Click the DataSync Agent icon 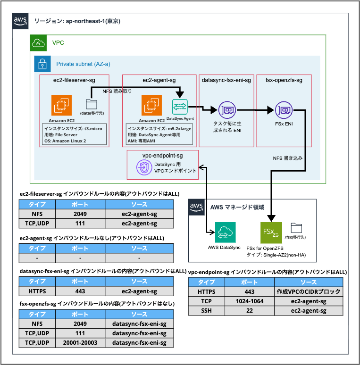(x=180, y=106)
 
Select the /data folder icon (x=91, y=105)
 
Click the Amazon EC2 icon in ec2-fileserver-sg (x=61, y=106)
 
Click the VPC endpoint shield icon (x=143, y=167)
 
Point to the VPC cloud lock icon (x=39, y=43)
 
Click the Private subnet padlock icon (x=42, y=64)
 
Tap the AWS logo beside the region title (x=20, y=20)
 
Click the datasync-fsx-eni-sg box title (x=226, y=80)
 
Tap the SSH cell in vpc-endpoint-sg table (x=207, y=311)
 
